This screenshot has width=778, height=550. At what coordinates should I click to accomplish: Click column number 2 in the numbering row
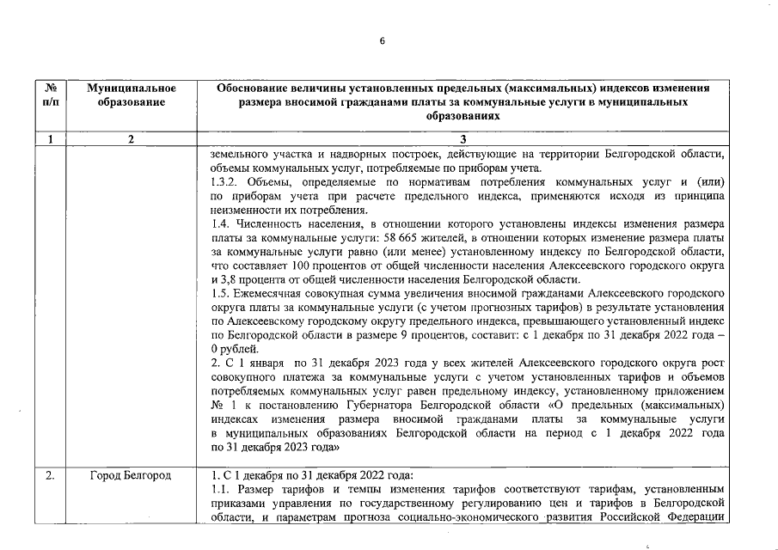point(132,140)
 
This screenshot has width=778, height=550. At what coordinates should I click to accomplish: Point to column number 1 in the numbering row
point(50,140)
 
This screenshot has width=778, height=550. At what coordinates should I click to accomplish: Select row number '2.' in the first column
point(50,475)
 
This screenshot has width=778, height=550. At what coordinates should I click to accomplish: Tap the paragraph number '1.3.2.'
point(226,182)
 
